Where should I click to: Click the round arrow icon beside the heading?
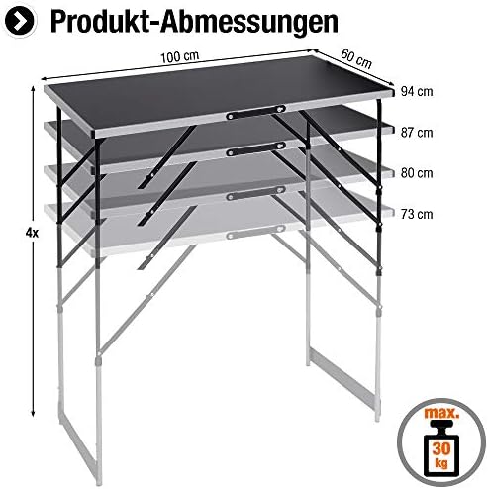click(20, 21)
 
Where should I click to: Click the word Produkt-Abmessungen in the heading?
click(194, 21)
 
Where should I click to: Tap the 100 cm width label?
click(180, 57)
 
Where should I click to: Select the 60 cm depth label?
click(356, 58)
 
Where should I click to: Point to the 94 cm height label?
click(417, 91)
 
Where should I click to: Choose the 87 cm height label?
click(417, 133)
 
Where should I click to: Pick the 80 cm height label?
click(417, 173)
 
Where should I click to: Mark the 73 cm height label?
click(417, 214)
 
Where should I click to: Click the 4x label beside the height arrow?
click(32, 233)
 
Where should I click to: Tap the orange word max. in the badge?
click(441, 413)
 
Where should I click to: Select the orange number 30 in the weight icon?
click(441, 448)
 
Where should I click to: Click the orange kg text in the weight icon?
click(441, 462)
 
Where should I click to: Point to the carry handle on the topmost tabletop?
click(255, 112)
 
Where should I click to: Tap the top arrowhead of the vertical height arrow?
click(33, 89)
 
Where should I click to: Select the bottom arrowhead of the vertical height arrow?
click(33, 413)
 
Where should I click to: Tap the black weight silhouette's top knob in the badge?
click(441, 424)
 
